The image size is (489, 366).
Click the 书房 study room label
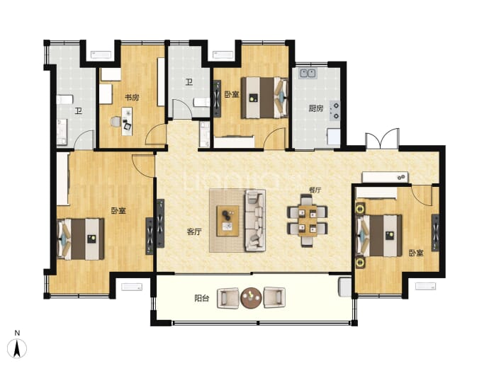(x=132, y=98)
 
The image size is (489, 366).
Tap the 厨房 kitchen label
(x=316, y=108)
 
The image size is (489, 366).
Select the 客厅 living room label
(x=194, y=231)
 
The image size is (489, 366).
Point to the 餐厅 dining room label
(x=315, y=190)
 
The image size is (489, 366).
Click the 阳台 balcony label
(x=202, y=298)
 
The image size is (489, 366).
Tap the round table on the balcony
(x=251, y=298)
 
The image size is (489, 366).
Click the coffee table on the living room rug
(x=227, y=221)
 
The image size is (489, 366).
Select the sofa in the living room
(x=255, y=221)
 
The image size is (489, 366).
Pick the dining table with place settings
(x=307, y=221)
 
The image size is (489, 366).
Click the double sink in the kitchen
(x=308, y=73)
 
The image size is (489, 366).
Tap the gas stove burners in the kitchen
(x=335, y=111)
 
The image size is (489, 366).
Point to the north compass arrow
(x=17, y=348)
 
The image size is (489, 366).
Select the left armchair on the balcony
(x=228, y=298)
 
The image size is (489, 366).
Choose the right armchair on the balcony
(x=274, y=297)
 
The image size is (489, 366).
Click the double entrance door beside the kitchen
(x=383, y=139)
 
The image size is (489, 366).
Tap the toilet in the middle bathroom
(x=202, y=102)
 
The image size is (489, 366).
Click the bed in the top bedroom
(x=264, y=98)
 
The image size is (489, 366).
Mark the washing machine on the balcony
(x=345, y=287)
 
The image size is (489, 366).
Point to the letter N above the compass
(x=17, y=333)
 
